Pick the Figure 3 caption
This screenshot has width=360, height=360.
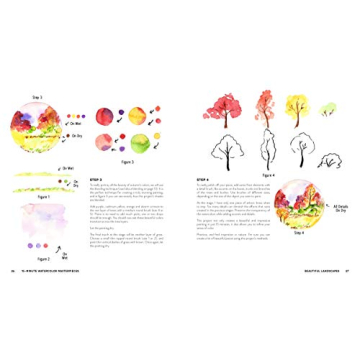coord(128,161)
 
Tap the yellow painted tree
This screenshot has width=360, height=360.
coord(298,104)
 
